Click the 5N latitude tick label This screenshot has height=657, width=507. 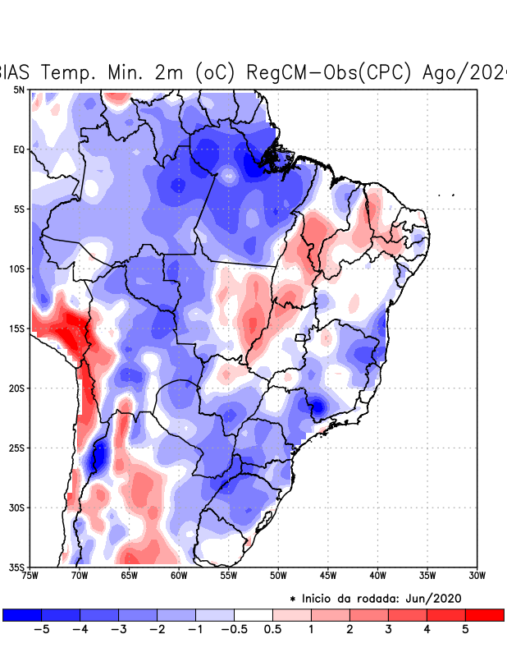click(x=18, y=90)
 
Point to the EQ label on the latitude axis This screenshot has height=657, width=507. click(x=18, y=149)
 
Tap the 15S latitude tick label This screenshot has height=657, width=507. click(x=16, y=328)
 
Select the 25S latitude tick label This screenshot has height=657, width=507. click(x=16, y=448)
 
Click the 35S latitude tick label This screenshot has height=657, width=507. click(x=16, y=567)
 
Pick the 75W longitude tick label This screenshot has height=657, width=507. click(x=31, y=576)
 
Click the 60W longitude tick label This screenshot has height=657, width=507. click(x=178, y=576)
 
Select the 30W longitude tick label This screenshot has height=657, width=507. click(x=477, y=576)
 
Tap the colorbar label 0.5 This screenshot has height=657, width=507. click(x=272, y=630)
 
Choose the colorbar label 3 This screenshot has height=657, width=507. click(x=388, y=630)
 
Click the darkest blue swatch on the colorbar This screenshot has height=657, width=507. click(x=22, y=614)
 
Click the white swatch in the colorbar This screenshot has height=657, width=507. click(x=253, y=614)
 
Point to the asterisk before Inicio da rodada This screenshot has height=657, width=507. click(x=293, y=599)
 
